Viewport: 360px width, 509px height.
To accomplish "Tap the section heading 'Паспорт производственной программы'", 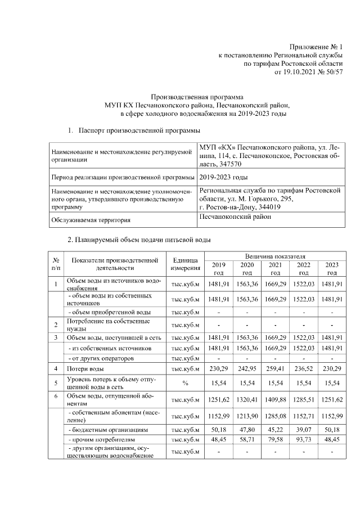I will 139,130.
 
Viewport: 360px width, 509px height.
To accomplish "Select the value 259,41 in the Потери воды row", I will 275,369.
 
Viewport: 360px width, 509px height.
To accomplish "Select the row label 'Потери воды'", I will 85,369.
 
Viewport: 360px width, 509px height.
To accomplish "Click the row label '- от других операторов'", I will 98,358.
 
